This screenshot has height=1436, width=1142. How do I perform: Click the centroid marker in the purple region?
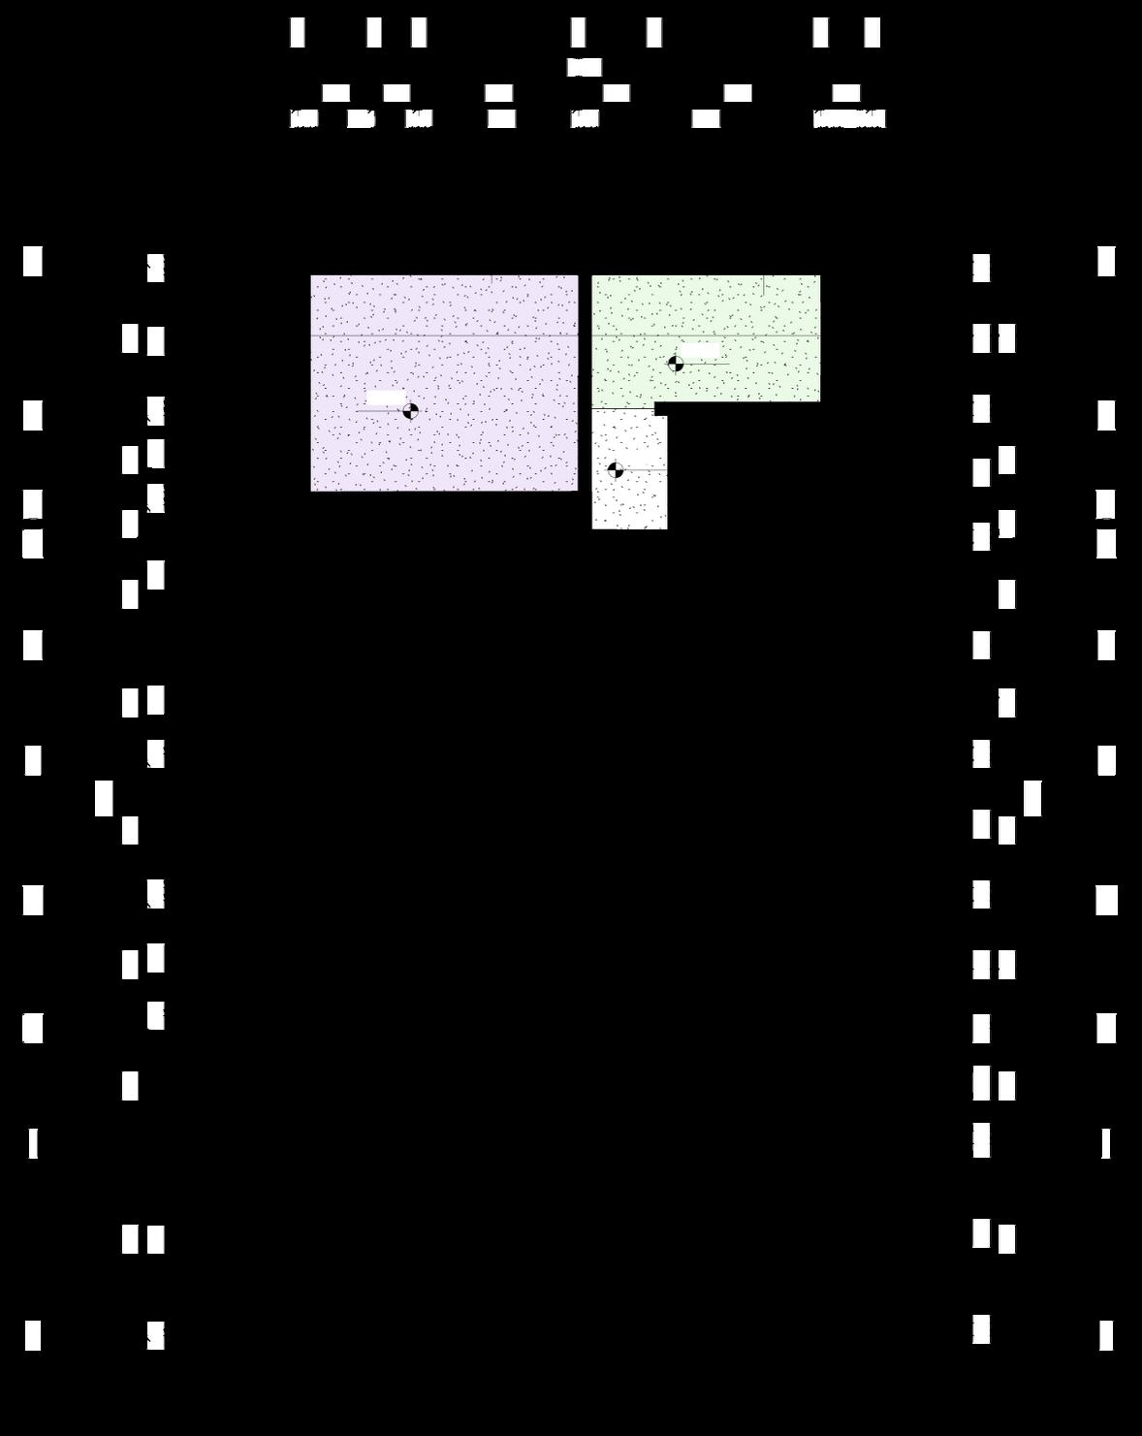click(x=410, y=411)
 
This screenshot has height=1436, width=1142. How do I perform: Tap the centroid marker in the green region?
click(x=676, y=364)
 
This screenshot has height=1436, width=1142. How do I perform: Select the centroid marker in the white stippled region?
click(x=616, y=470)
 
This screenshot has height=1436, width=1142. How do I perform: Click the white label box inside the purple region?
click(x=386, y=398)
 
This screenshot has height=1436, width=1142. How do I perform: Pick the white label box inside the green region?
click(x=699, y=349)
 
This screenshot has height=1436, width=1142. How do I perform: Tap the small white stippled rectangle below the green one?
click(x=630, y=504)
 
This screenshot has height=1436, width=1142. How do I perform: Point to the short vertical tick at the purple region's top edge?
click(x=492, y=279)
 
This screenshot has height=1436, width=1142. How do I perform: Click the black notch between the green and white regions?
click(x=660, y=409)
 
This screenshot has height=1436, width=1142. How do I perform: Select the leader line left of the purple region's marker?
click(x=379, y=411)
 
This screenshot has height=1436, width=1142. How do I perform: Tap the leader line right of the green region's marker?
click(x=707, y=364)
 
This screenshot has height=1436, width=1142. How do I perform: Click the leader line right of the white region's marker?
click(x=646, y=470)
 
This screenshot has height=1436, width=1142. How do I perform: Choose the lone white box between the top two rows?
click(x=585, y=67)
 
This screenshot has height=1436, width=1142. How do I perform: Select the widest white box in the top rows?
click(x=849, y=119)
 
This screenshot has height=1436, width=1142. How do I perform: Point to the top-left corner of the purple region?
click(x=311, y=276)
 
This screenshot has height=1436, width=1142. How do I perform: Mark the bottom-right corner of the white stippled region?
click(x=667, y=528)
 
